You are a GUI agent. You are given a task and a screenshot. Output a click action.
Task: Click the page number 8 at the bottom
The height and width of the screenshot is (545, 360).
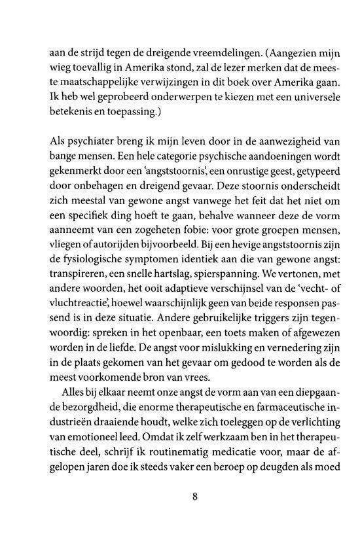[x=194, y=495]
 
